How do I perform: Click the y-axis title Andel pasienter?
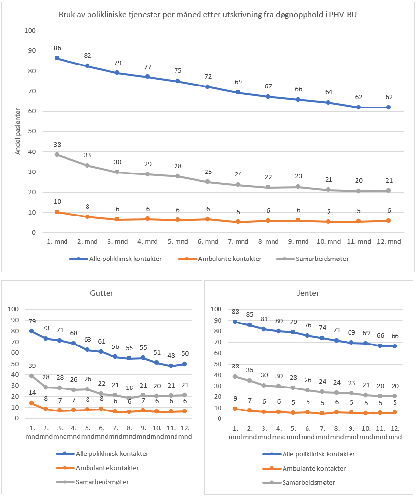point(18,131)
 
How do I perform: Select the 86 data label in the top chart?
point(57,48)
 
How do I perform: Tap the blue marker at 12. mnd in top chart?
point(389,107)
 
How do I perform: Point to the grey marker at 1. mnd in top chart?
point(57,154)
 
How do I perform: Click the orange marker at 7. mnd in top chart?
point(238,222)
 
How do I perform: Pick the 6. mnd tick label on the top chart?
point(208,241)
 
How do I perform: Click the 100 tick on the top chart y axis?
point(31,31)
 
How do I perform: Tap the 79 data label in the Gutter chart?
point(32,321)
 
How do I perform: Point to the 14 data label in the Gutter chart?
point(32,393)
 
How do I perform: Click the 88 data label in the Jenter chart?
point(235,312)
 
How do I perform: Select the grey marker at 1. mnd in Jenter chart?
point(235,376)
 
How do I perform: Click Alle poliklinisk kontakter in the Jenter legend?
point(318,454)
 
